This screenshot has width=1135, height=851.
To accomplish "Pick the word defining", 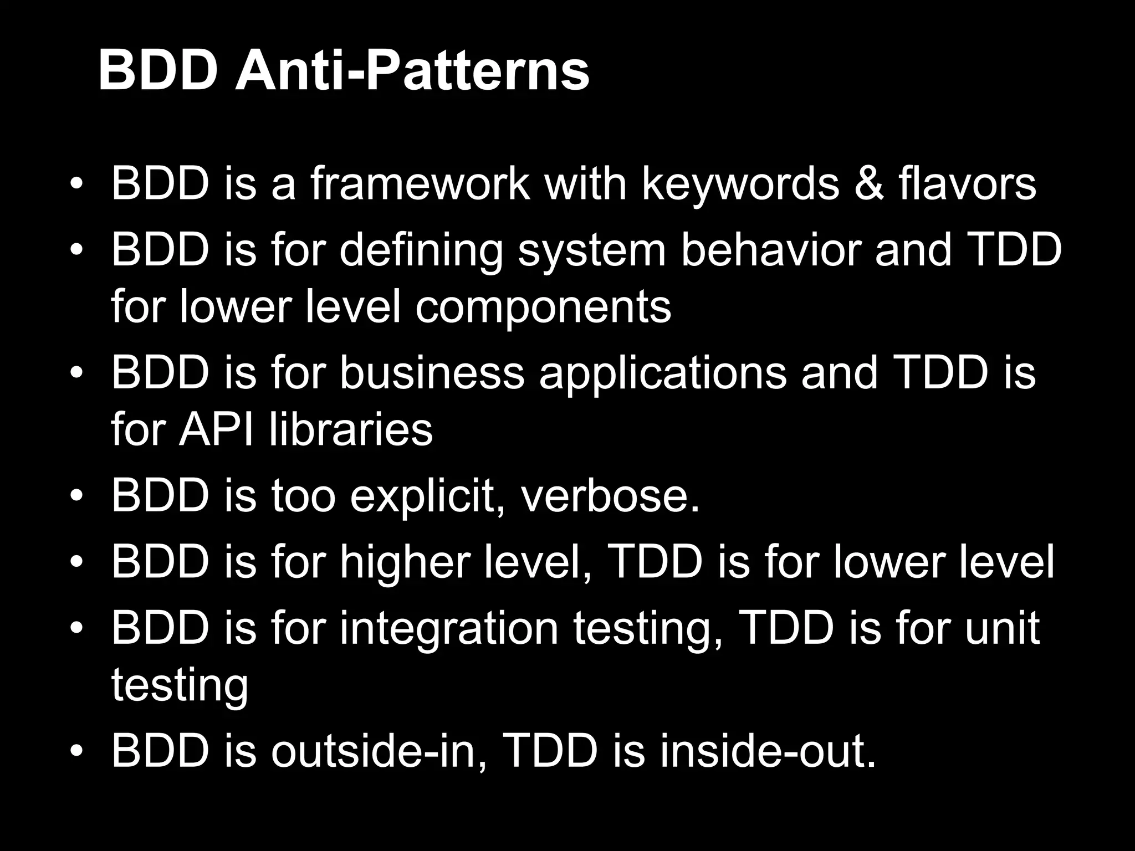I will pos(421,250).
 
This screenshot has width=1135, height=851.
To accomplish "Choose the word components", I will pos(543,307).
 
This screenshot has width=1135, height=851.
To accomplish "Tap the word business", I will pos(432,373).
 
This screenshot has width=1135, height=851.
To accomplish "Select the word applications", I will pos(663,373).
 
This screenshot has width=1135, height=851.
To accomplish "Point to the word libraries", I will pos(351,429).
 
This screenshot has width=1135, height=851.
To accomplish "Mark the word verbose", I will pos(610,496).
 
